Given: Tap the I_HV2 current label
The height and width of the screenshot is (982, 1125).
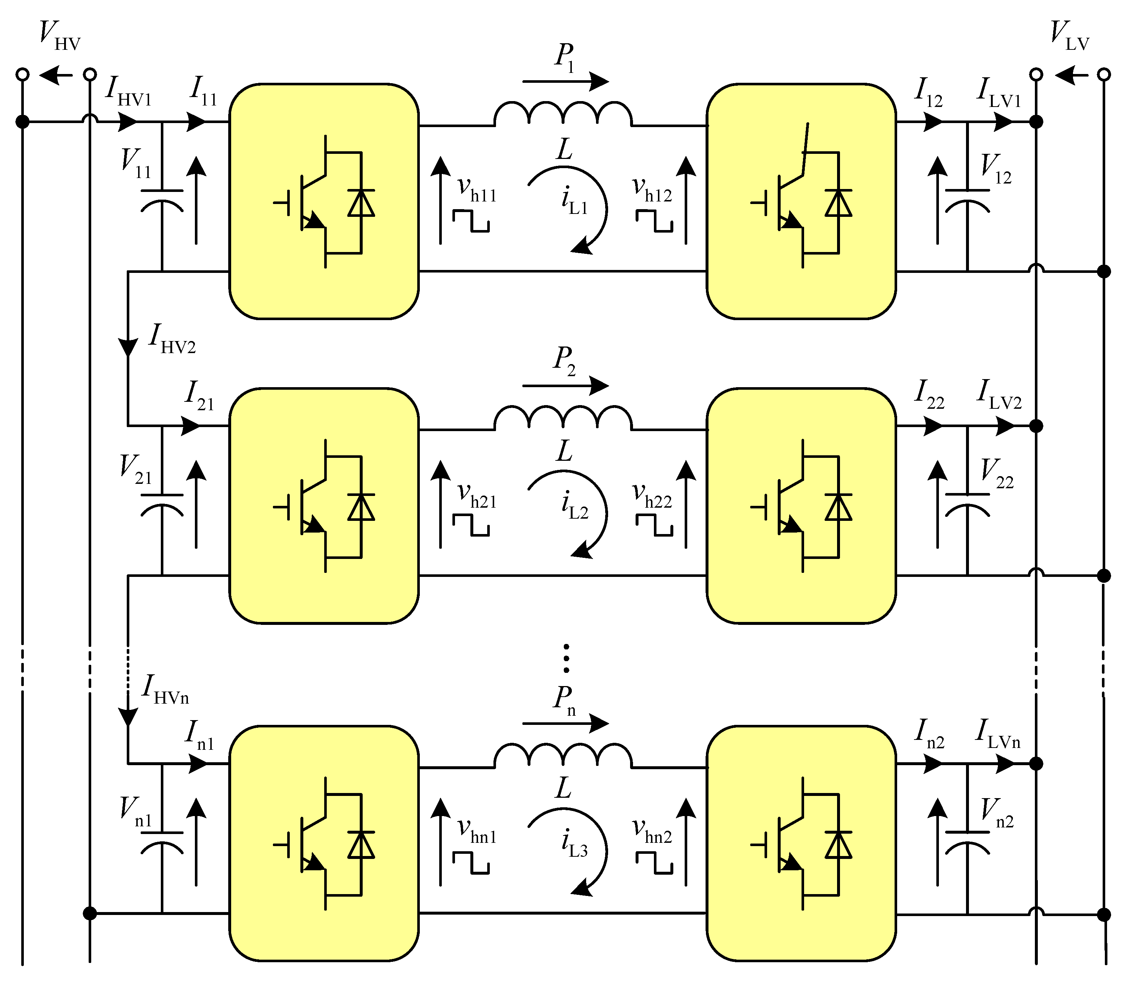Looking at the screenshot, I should coord(171,340).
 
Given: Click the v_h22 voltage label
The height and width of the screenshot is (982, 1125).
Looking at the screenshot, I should coord(652,496).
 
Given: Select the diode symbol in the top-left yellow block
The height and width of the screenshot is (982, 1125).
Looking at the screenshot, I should coord(361,203).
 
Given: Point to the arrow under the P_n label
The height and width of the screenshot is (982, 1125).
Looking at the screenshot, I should coord(565,723).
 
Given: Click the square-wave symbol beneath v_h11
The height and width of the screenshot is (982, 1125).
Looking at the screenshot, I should coord(471,221).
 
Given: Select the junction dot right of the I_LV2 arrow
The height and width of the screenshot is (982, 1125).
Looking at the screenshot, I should coord(1036,426).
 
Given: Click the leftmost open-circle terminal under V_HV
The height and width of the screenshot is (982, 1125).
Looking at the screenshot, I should coord(22,74).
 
